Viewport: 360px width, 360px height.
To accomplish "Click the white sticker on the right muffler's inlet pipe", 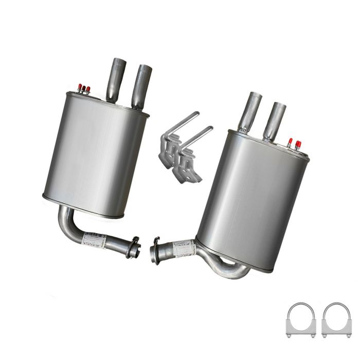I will tap(184, 248).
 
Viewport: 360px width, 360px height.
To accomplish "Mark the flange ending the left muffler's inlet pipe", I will tap(133, 247).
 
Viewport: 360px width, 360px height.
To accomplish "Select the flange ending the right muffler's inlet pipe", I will tap(155, 250).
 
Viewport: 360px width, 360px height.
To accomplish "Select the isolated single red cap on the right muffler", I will tap(290, 141).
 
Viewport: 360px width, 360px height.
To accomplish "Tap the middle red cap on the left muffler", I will tap(84, 88).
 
